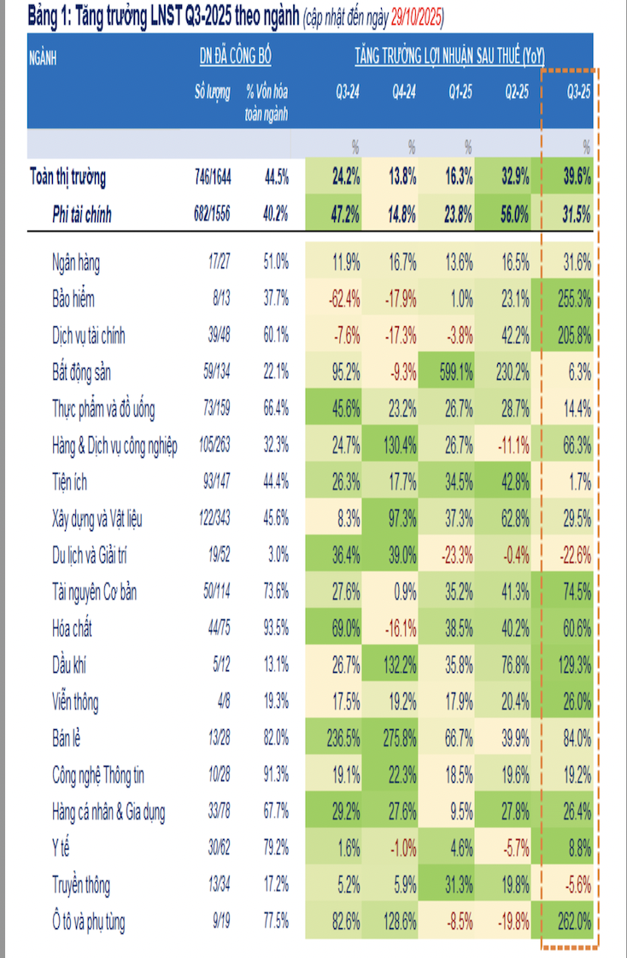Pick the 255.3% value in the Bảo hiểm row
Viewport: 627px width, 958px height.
[573, 300]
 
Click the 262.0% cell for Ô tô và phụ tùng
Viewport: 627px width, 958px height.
[573, 922]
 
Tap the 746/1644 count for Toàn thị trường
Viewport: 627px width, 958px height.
[209, 178]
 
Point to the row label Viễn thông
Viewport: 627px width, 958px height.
[75, 702]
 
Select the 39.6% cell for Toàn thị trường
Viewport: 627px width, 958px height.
[573, 178]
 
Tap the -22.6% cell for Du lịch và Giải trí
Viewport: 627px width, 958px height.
[573, 556]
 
